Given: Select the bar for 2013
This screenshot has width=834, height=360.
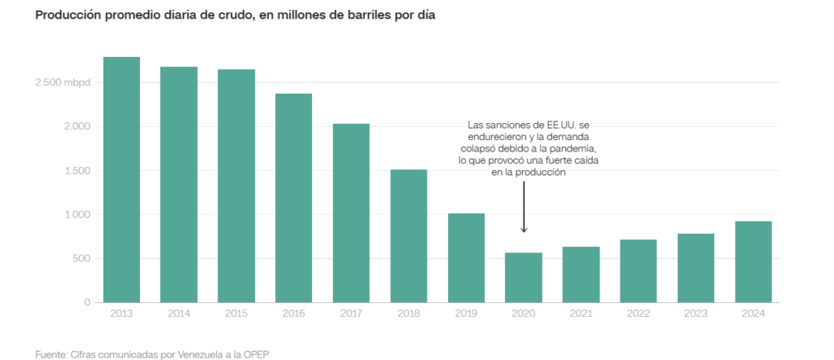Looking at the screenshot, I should (x=121, y=179).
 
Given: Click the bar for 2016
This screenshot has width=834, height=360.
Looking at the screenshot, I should (x=293, y=198).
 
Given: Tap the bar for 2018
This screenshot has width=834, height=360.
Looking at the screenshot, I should (x=408, y=235).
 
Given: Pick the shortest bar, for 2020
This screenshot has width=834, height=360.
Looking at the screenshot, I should (x=524, y=277).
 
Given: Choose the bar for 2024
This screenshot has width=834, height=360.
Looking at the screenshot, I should (x=753, y=261).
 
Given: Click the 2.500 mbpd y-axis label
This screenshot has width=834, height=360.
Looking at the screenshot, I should (x=64, y=83).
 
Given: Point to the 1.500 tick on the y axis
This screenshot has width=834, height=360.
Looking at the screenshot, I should (x=77, y=171).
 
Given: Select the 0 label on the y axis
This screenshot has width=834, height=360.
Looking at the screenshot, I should (x=88, y=302).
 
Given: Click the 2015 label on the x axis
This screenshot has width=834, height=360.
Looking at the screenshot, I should (x=236, y=314).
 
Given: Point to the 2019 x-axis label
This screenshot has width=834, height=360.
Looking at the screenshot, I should (x=466, y=314).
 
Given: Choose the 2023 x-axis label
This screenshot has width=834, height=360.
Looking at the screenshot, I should (x=696, y=314).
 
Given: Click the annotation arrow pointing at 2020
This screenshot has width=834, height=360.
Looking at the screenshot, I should (x=524, y=208).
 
